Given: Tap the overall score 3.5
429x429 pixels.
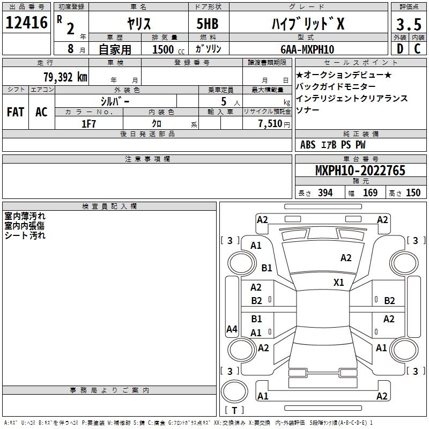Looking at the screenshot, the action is pos(408,24).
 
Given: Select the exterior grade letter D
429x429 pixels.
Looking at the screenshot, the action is pos(400,48).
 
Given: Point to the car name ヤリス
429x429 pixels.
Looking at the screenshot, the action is pos(138,24).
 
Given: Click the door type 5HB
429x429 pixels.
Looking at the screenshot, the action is pos(208,24).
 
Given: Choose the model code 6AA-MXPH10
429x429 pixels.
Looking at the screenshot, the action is pos(307,49).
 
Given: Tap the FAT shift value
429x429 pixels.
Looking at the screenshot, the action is pos(15,112).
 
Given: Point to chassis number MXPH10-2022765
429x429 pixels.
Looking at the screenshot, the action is pos(360,171).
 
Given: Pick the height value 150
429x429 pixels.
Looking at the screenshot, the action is pos(413,193).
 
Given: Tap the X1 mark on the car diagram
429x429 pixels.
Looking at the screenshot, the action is pos(339,282).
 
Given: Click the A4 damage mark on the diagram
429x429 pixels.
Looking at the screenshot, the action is pos(232,329).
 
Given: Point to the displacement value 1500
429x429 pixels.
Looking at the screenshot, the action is pos(163,49).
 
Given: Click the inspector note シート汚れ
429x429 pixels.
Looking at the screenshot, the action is pos(25,235).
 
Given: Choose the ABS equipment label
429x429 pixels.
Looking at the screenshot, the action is pos(308,144).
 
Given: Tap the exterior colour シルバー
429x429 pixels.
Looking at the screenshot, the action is pos(115,100).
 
